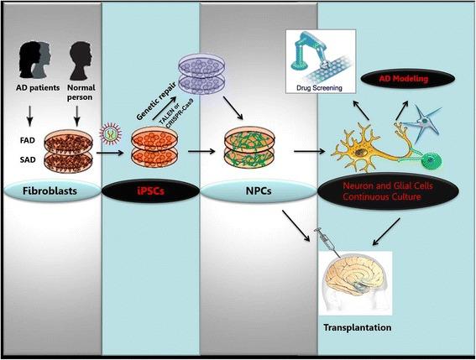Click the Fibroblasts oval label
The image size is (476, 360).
55,190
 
